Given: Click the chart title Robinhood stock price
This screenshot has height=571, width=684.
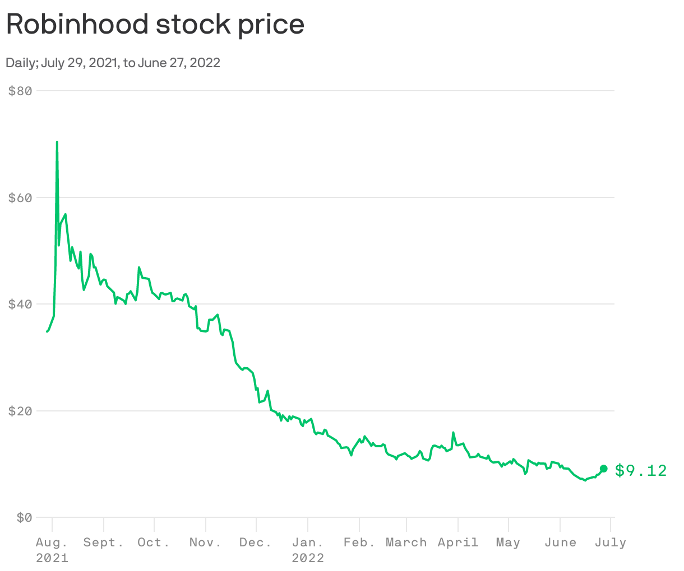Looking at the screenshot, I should pyautogui.click(x=155, y=25).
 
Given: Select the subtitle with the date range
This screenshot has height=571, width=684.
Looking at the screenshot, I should pyautogui.click(x=113, y=63).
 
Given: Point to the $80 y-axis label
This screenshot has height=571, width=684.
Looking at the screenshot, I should pyautogui.click(x=20, y=90).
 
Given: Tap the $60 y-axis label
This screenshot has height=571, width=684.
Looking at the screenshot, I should pyautogui.click(x=20, y=198).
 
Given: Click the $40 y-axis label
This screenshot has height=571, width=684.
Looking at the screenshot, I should pyautogui.click(x=20, y=304).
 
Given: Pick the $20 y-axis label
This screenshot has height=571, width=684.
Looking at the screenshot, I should pyautogui.click(x=20, y=411).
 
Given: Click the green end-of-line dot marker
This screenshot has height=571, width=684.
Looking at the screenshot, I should pyautogui.click(x=603, y=469).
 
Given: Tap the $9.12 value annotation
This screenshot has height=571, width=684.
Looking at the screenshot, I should pyautogui.click(x=641, y=470).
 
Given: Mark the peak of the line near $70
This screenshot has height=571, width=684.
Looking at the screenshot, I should pyautogui.click(x=57, y=143).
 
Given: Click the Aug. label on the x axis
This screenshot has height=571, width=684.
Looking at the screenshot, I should pyautogui.click(x=52, y=542).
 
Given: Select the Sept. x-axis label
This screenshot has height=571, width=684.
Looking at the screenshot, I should pyautogui.click(x=104, y=542).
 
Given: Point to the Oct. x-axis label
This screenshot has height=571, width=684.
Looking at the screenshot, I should pyautogui.click(x=154, y=542).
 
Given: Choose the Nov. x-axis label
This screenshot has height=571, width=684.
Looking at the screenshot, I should pyautogui.click(x=205, y=542).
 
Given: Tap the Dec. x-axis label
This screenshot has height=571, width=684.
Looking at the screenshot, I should pyautogui.click(x=256, y=542).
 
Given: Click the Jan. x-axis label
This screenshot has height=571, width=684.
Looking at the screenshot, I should pyautogui.click(x=308, y=542).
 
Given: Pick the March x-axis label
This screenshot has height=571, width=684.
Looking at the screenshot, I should pyautogui.click(x=406, y=542).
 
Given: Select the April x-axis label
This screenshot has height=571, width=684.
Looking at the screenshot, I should pyautogui.click(x=458, y=542).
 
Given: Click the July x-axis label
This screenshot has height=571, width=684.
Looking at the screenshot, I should pyautogui.click(x=611, y=542).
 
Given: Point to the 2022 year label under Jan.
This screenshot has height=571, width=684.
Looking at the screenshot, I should pyautogui.click(x=308, y=558).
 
